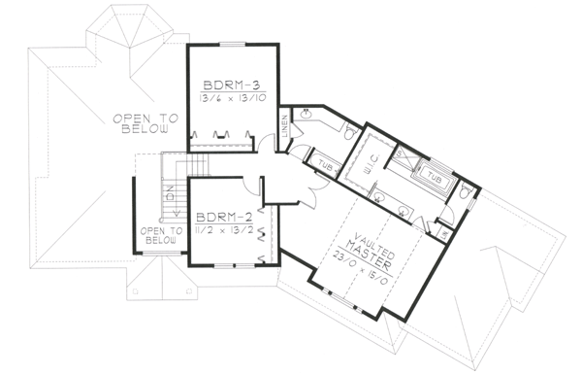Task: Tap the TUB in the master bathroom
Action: tap(436, 180)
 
